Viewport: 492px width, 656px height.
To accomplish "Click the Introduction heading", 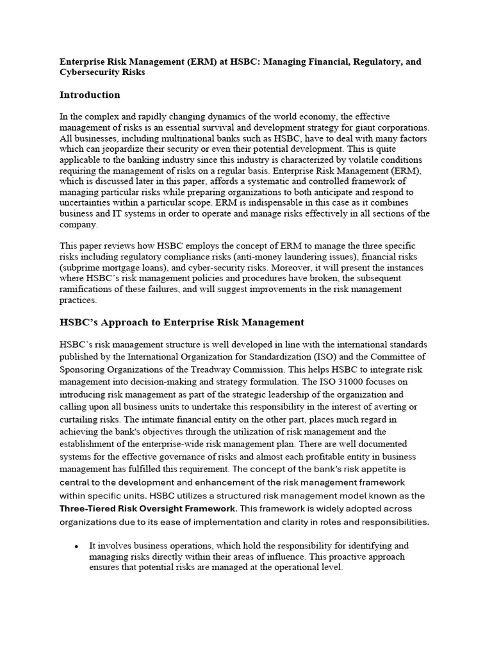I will pos(90,95).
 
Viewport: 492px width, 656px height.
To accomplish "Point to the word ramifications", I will pos(88,290).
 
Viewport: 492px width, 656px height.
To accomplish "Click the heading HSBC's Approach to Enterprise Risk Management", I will pos(182,322).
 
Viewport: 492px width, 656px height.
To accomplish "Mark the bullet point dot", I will pos(77,546).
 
